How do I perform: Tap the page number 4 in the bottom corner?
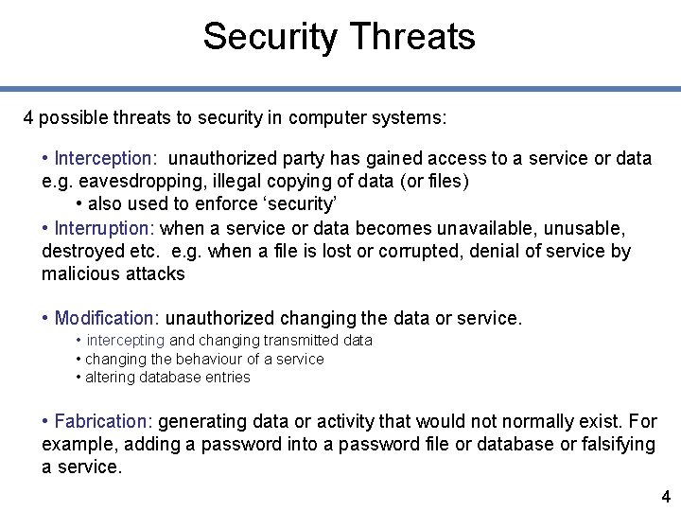coord(665,496)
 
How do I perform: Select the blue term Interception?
coord(105,158)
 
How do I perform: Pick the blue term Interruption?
coord(104,228)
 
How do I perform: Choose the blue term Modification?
coord(107,318)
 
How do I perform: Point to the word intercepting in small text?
coord(126,340)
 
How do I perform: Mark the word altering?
coord(110,377)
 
